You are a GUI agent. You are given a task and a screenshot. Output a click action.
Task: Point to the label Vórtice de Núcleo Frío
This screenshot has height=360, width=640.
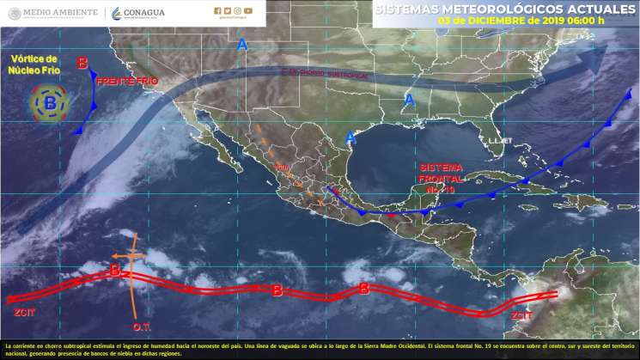34,64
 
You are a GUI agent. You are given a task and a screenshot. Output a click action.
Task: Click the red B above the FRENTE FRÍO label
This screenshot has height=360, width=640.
82,62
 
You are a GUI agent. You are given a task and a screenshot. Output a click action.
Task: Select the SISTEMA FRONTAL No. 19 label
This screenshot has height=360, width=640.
442,176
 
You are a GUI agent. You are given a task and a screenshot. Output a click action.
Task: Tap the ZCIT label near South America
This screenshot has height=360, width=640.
521,315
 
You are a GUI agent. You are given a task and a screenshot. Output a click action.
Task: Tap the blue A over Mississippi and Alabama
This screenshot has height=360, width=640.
410,100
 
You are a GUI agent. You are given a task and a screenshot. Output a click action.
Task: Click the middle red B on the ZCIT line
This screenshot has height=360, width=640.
277,290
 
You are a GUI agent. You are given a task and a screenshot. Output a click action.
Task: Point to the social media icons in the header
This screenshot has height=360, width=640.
233,10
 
